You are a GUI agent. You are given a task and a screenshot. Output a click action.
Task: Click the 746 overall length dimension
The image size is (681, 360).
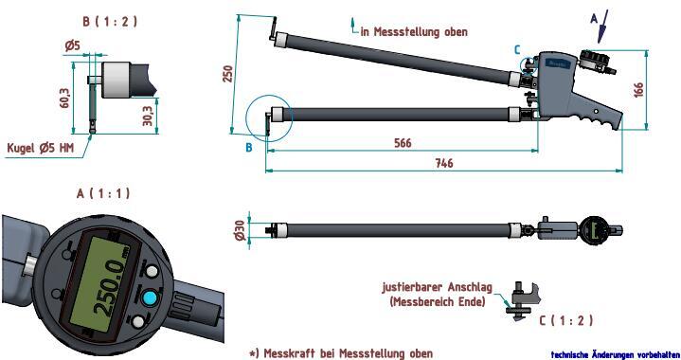(x=444, y=163)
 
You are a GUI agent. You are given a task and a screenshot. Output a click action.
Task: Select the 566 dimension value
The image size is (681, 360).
(x=403, y=143)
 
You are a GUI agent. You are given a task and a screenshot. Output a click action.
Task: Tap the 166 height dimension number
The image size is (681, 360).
(x=638, y=89)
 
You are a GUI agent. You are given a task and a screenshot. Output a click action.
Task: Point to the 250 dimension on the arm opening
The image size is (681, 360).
(x=227, y=74)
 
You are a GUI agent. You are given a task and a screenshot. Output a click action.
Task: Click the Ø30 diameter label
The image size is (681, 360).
(x=240, y=230)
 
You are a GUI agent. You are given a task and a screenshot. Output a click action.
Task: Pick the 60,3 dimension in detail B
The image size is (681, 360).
(x=64, y=99)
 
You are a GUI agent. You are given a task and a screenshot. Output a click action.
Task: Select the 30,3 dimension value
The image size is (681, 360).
(x=148, y=116)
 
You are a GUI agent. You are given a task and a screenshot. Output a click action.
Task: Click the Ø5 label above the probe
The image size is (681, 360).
(x=73, y=45)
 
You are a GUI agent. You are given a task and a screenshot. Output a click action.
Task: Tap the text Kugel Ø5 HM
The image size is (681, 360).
(x=41, y=148)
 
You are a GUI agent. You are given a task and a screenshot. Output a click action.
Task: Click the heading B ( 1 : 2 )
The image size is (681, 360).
(x=110, y=21)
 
